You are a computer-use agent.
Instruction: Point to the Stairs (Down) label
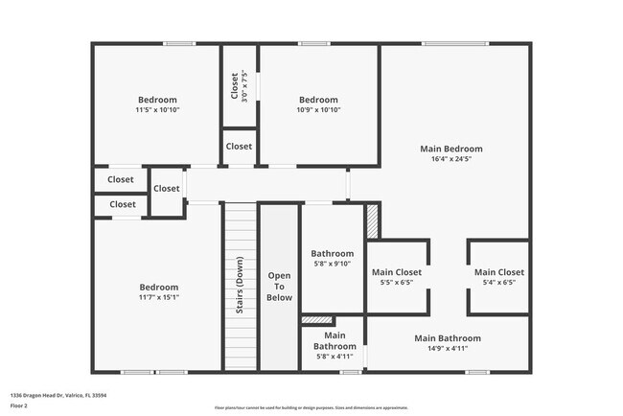tap(239, 286)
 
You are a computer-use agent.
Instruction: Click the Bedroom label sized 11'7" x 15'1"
tap(158, 288)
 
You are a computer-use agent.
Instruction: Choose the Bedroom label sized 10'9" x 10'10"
tap(318, 100)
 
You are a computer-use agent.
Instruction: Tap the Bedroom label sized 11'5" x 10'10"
tap(157, 100)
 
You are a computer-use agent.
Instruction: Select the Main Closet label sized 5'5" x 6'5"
tap(396, 272)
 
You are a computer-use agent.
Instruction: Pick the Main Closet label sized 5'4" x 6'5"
tap(499, 272)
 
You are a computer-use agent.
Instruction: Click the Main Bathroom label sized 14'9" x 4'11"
tap(448, 338)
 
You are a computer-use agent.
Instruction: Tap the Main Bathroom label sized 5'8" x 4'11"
tap(335, 340)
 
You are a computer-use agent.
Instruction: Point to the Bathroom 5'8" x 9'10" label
tap(334, 254)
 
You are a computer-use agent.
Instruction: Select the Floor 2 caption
tap(20, 406)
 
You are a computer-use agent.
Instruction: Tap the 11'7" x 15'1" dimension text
tap(158, 298)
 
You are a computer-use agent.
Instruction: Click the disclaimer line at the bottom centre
tap(311, 407)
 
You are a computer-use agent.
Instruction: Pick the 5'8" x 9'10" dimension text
tap(334, 264)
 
